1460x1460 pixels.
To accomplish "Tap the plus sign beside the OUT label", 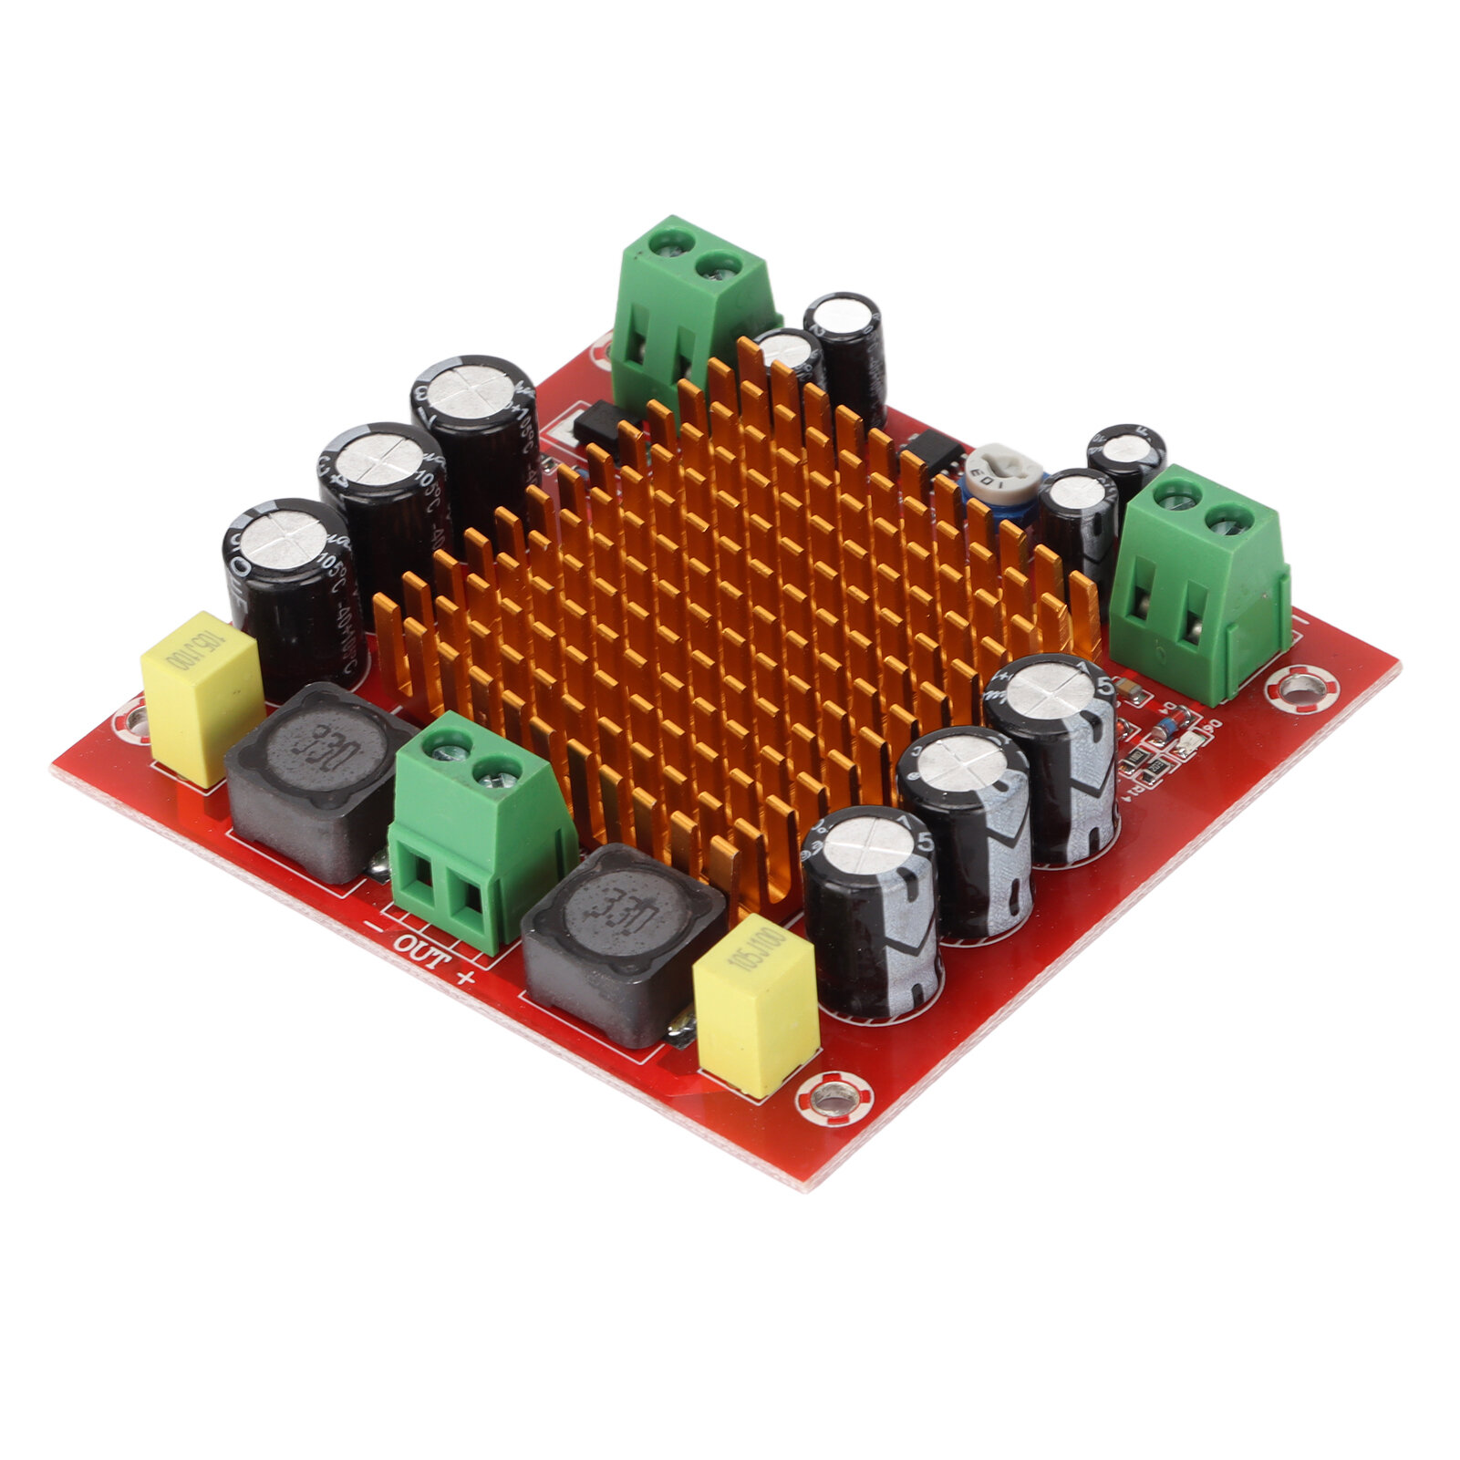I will (x=466, y=979).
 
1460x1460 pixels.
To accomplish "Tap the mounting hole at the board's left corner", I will (x=134, y=720).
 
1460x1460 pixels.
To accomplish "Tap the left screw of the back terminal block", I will (x=668, y=243).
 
